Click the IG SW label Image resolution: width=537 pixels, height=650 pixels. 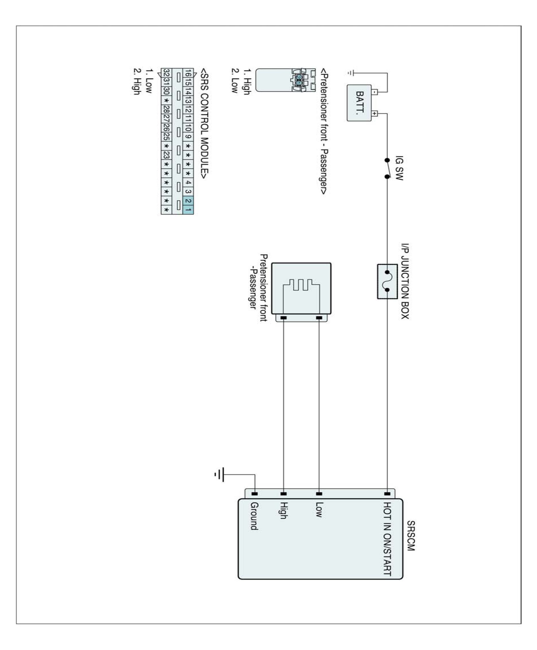click(399, 168)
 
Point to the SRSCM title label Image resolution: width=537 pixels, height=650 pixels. click(411, 536)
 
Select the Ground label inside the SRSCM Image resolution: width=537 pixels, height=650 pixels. click(254, 516)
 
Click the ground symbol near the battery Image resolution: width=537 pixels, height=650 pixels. click(350, 73)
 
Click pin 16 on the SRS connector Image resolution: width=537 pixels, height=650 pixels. click(188, 73)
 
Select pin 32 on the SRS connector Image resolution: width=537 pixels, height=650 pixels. click(166, 73)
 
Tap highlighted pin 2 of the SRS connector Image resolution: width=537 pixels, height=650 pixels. click(188, 201)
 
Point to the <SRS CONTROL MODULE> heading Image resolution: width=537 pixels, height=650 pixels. click(205, 124)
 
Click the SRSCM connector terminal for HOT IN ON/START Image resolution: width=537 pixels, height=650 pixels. click(387, 494)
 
